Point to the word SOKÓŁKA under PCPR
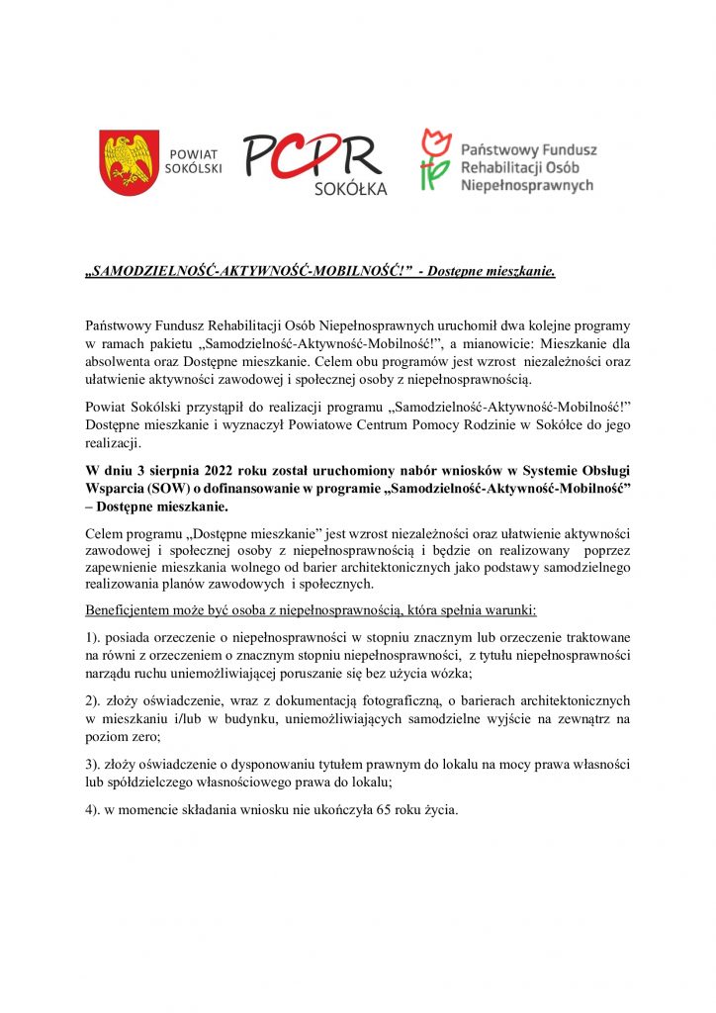click(x=351, y=188)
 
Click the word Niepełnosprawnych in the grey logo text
click(x=527, y=185)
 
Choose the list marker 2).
click(x=97, y=700)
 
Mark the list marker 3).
click(x=97, y=765)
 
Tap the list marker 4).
click(x=97, y=809)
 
